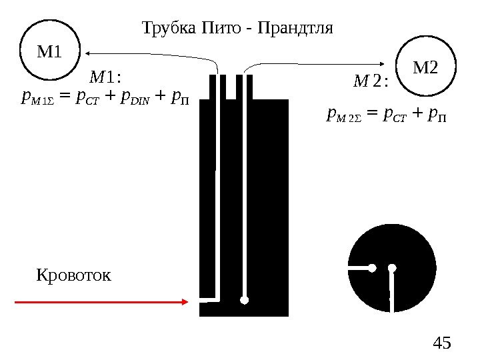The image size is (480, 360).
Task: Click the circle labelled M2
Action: [x=426, y=67]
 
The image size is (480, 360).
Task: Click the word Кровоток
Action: [x=74, y=275]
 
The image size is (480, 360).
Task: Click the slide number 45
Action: [x=441, y=344]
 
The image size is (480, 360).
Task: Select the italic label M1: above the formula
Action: [x=108, y=77]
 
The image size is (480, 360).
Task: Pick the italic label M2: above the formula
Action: [x=373, y=82]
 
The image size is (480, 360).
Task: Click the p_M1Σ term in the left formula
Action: [x=37, y=101]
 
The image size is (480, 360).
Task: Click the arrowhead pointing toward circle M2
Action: [x=391, y=64]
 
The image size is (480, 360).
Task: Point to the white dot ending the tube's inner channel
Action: [x=245, y=300]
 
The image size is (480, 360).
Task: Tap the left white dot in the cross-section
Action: [x=373, y=268]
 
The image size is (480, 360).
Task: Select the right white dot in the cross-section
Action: [x=392, y=268]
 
